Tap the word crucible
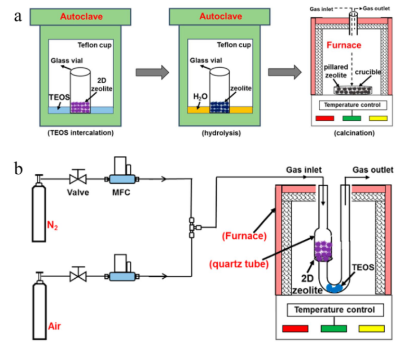pos(368,72)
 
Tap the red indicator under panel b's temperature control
pos(295,328)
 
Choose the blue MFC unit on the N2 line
pos(121,179)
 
